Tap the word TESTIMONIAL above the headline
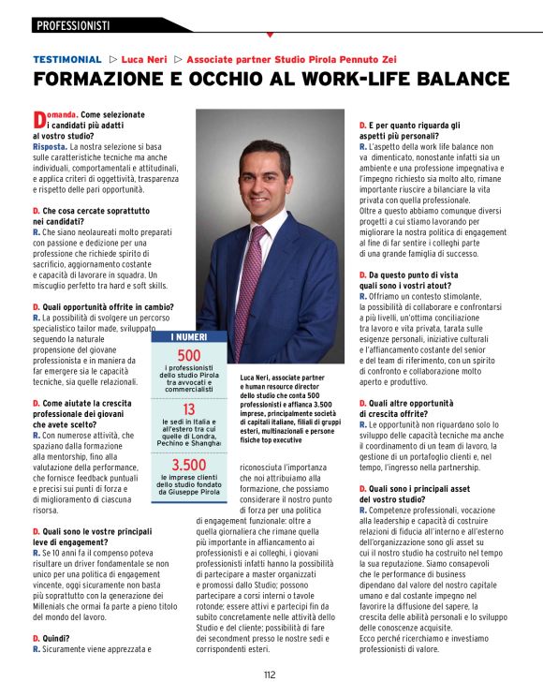[66, 58]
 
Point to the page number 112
[270, 674]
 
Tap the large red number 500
[189, 356]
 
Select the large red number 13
[189, 409]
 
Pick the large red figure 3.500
[189, 465]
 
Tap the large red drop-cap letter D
[38, 119]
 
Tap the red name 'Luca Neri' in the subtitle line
[145, 58]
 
